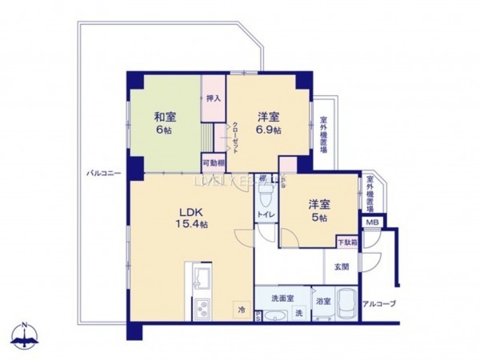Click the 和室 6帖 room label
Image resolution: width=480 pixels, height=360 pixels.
click(166, 122)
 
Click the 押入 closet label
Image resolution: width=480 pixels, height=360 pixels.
click(213, 98)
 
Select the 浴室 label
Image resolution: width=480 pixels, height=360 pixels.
click(323, 302)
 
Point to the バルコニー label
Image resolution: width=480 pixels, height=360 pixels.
click(100, 173)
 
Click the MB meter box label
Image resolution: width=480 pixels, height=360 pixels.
click(372, 223)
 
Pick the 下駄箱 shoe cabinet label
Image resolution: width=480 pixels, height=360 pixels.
click(346, 241)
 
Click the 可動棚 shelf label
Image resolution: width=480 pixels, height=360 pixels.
click(212, 162)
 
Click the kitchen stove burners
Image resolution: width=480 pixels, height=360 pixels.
click(198, 307)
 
